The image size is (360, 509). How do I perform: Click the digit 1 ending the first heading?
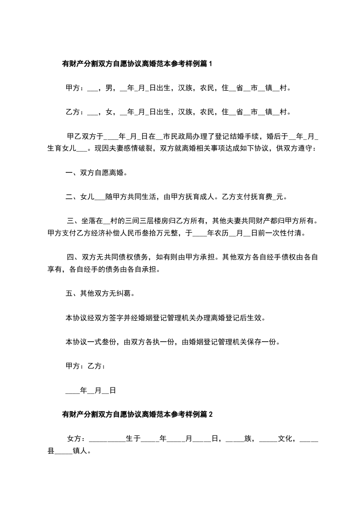(210, 64)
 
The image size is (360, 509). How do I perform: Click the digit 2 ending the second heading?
(210, 414)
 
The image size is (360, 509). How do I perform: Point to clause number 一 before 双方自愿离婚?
(69, 172)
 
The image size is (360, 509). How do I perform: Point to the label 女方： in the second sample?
(76, 439)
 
